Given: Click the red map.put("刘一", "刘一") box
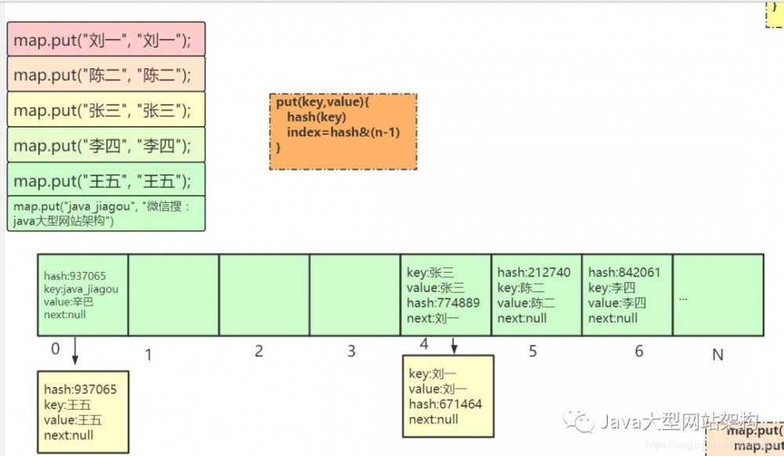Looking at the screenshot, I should pyautogui.click(x=106, y=39).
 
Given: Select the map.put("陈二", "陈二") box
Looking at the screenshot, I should pyautogui.click(x=106, y=74).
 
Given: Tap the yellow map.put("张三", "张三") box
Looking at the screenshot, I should pyautogui.click(x=106, y=110).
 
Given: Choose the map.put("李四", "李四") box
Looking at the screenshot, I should pyautogui.click(x=106, y=145).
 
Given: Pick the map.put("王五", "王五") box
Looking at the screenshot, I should pyautogui.click(x=106, y=180).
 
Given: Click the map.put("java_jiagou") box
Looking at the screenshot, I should pyautogui.click(x=106, y=213).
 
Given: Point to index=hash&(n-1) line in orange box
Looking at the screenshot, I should pyautogui.click(x=343, y=132).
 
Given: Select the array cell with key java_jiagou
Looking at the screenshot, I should pyautogui.click(x=82, y=295).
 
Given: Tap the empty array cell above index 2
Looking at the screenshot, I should pyautogui.click(x=264, y=295).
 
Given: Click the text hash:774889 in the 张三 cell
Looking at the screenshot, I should pyautogui.click(x=443, y=303).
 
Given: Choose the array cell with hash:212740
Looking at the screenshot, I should pyautogui.click(x=536, y=295).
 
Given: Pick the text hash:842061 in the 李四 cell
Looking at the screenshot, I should pyautogui.click(x=624, y=273).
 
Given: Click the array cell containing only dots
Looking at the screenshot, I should pyautogui.click(x=717, y=295).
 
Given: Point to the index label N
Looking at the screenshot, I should pyautogui.click(x=717, y=355).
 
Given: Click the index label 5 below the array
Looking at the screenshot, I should pyautogui.click(x=533, y=352).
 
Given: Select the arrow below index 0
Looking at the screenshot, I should pyautogui.click(x=74, y=350).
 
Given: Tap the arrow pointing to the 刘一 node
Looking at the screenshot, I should pyautogui.click(x=454, y=345).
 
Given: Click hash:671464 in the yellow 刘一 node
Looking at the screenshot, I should pyautogui.click(x=445, y=404).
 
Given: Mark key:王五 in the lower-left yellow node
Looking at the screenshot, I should pyautogui.click(x=67, y=404).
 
